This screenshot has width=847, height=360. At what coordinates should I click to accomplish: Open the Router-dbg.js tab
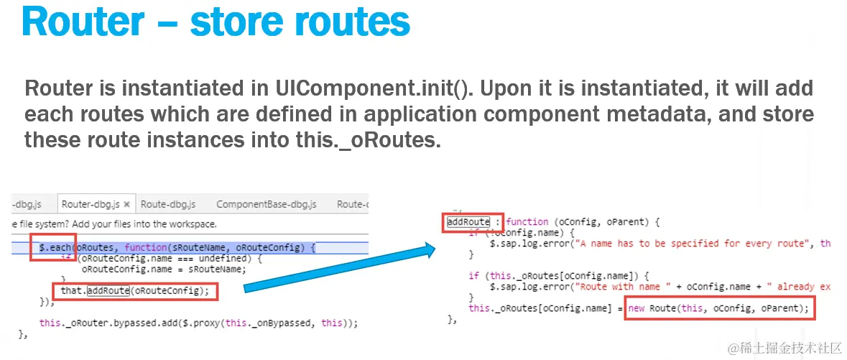click(91, 204)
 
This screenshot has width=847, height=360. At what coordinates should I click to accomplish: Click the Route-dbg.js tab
click(167, 204)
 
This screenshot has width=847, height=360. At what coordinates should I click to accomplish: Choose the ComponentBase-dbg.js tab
click(266, 204)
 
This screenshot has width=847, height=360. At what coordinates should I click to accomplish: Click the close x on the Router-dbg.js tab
click(127, 204)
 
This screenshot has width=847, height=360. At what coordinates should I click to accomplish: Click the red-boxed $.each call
click(53, 248)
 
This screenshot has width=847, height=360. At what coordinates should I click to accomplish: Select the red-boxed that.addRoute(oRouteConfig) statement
click(134, 291)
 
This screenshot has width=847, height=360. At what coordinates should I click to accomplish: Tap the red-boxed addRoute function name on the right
click(468, 222)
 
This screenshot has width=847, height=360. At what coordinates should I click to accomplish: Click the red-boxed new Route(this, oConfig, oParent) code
click(721, 309)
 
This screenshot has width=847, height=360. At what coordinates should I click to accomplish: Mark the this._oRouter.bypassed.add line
click(198, 323)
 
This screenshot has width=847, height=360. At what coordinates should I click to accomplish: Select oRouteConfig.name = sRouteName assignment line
click(163, 269)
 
